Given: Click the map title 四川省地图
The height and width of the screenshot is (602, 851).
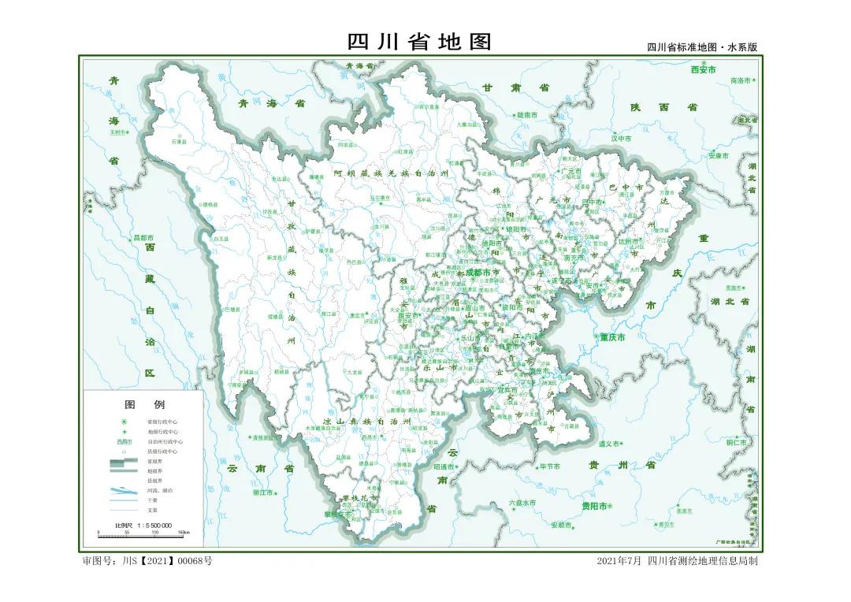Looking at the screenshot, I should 419,42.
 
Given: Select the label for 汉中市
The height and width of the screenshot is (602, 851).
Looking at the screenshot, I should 622,138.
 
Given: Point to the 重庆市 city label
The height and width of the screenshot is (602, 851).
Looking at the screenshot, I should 611,337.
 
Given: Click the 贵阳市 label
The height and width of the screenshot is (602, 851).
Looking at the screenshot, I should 593,506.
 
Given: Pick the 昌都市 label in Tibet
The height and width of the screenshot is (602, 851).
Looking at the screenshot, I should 143,237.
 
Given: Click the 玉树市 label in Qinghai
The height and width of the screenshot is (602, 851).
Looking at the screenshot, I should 118,132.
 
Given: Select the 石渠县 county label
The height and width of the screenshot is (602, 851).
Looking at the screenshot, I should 178,142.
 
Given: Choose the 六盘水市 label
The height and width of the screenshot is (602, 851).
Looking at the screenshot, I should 522,502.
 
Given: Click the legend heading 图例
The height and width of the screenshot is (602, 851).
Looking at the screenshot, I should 144,404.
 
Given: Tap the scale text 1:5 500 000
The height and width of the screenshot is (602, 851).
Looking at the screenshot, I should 143,525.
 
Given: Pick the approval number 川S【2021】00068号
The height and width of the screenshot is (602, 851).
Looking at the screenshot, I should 147,561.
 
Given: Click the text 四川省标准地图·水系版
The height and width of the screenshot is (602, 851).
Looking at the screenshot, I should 701,47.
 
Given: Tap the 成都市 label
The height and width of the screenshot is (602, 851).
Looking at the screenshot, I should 478,272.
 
